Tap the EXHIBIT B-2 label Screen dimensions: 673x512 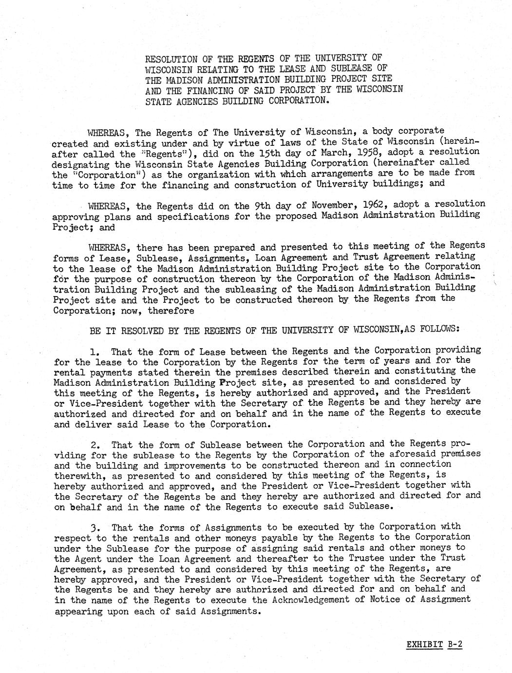pos(434,644)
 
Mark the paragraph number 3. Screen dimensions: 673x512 pos(95,527)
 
